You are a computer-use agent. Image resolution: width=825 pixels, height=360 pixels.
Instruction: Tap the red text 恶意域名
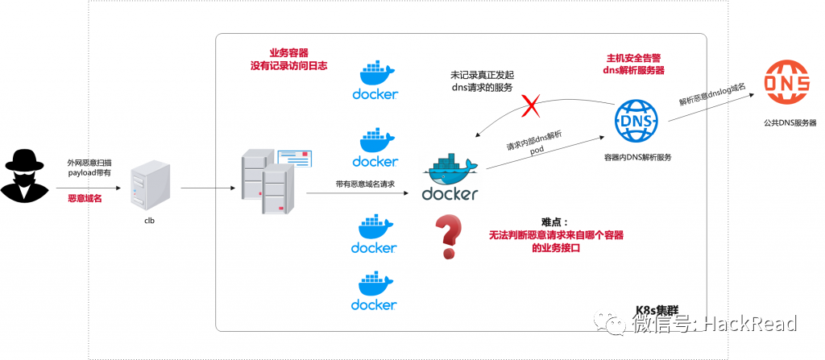click(85, 197)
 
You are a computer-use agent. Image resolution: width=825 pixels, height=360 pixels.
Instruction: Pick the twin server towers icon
click(265, 181)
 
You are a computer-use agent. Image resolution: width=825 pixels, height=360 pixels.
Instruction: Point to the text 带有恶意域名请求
click(365, 184)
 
